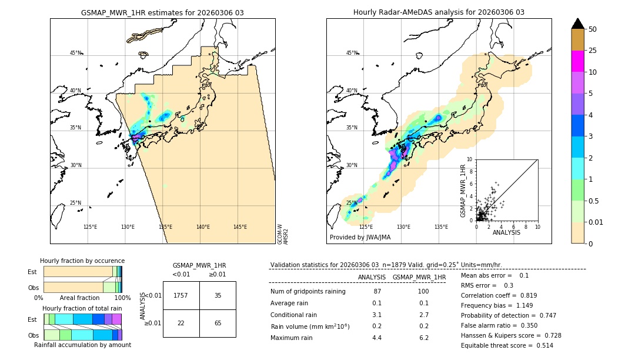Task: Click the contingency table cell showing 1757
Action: click(x=181, y=295)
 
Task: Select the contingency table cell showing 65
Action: click(x=218, y=323)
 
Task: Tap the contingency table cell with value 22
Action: click(x=181, y=323)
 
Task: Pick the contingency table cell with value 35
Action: click(x=218, y=295)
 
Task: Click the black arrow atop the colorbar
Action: click(x=578, y=24)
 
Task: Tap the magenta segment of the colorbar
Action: click(x=578, y=61)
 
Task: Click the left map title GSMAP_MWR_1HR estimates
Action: click(x=162, y=12)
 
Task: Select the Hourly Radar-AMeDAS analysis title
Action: click(x=439, y=12)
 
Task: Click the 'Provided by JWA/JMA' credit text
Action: click(x=360, y=238)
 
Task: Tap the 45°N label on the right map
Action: click(x=352, y=53)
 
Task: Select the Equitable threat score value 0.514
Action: click(x=540, y=345)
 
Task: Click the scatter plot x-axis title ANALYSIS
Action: click(x=506, y=233)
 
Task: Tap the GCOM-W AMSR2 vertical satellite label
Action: click(x=283, y=234)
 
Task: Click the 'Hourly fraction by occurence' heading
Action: click(x=82, y=261)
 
